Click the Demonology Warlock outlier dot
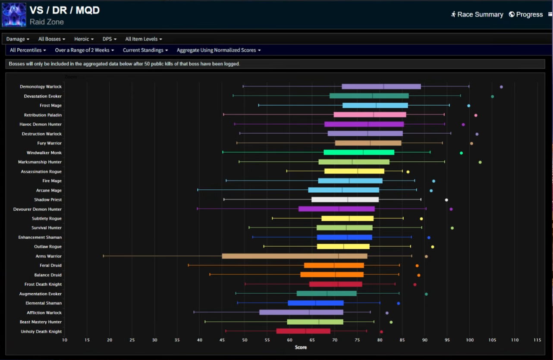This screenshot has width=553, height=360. pos(501,87)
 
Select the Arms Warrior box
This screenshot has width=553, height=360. pos(295,256)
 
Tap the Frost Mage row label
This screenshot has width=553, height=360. pos(50,106)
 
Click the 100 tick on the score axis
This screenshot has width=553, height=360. pos(470,340)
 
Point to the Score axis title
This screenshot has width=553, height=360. pos(301,347)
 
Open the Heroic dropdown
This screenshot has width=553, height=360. pos(84,39)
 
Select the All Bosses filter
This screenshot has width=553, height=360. pos(51,39)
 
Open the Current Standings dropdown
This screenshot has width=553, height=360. pos(145,50)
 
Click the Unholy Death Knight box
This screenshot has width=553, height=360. pos(303,331)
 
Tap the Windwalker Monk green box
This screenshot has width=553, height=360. pos(359,153)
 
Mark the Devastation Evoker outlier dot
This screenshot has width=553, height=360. pos(492,96)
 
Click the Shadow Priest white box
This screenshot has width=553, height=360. pos(345,200)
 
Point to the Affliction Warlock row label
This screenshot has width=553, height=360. pos(44,313)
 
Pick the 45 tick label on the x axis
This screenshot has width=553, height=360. pos(199,340)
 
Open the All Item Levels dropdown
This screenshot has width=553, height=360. pos(144,39)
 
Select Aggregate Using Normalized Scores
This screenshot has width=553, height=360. pos(218,50)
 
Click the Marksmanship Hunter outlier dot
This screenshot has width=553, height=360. pos(480,162)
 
